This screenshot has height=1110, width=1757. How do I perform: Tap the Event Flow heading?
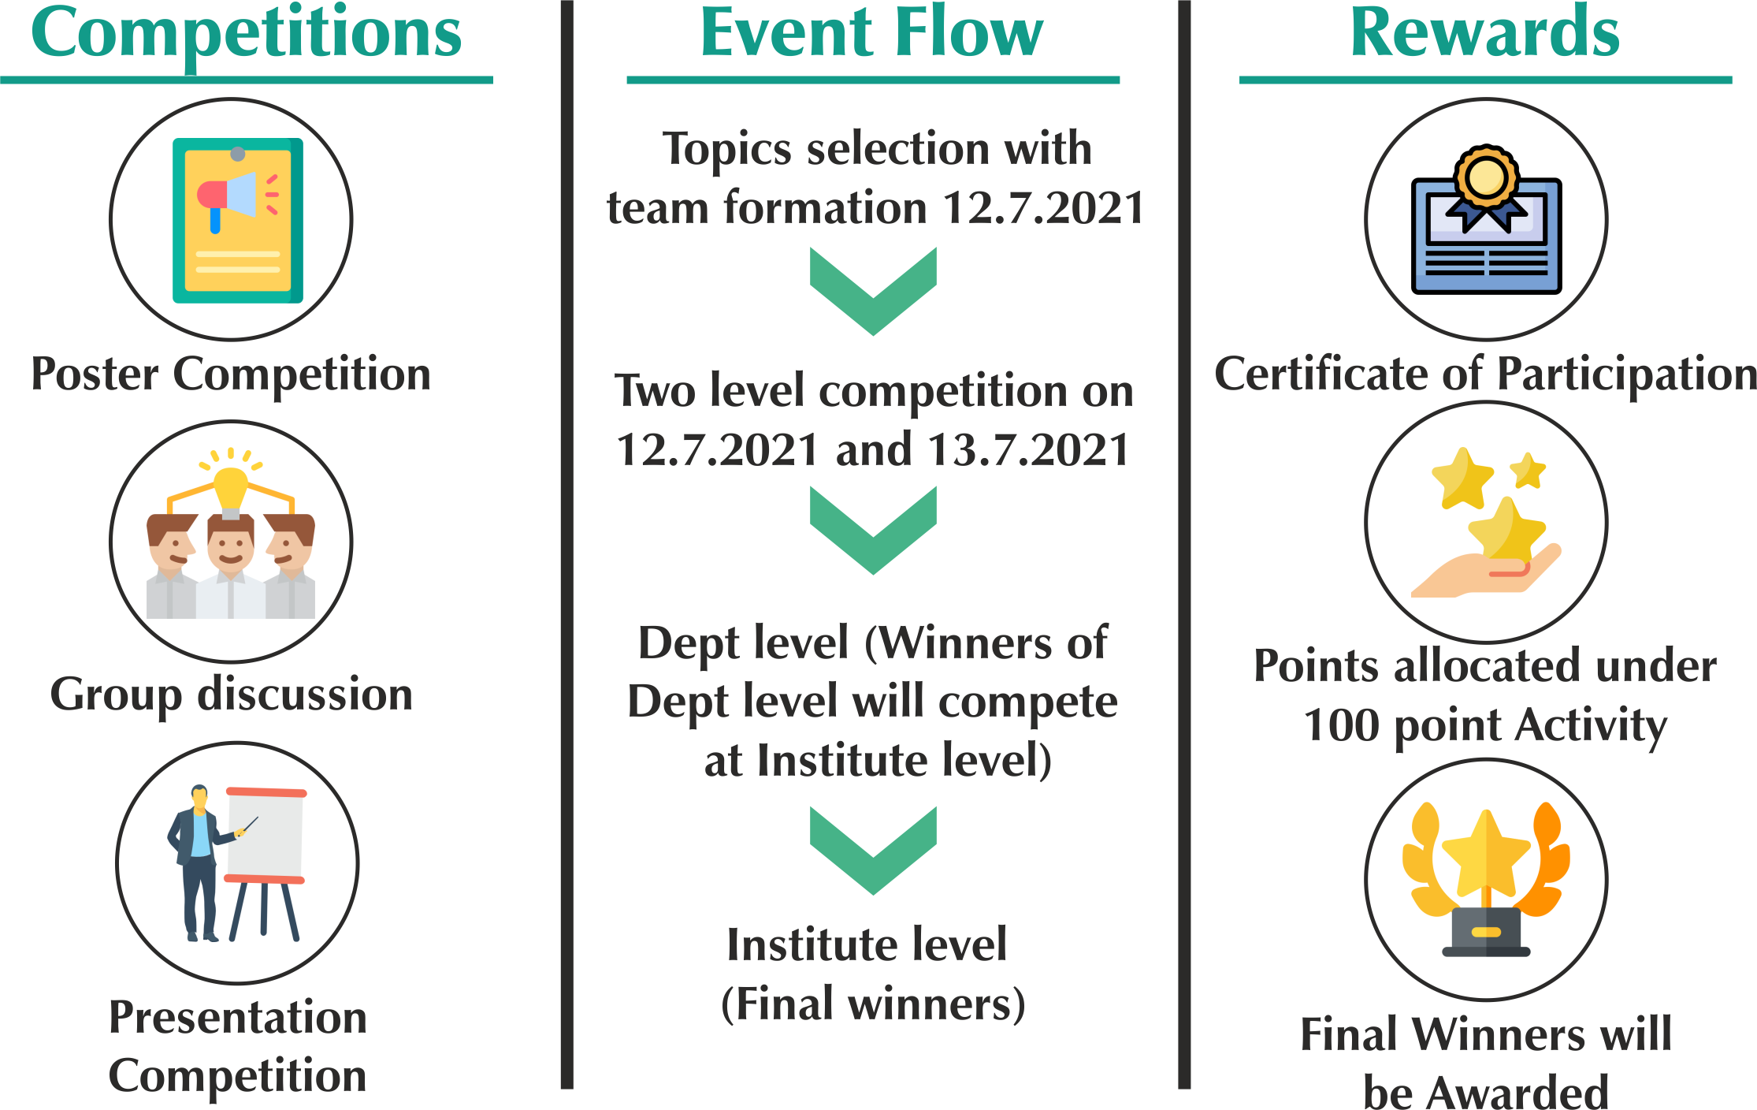[x=872, y=33]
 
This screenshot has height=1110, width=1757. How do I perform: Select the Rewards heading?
[x=1485, y=33]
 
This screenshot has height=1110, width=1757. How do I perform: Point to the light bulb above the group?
[x=231, y=489]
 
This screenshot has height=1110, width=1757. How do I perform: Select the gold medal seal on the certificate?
[x=1486, y=177]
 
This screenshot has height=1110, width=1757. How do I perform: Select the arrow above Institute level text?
[x=873, y=850]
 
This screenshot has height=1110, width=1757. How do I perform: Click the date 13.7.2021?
[x=1028, y=450]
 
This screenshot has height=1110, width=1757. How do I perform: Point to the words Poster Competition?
[x=231, y=374]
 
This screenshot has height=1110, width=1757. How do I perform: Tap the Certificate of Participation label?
[x=1485, y=374]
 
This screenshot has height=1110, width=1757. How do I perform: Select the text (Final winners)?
[x=873, y=1004]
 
